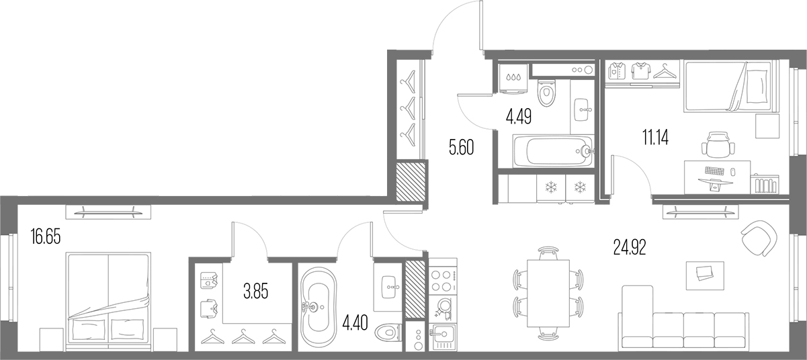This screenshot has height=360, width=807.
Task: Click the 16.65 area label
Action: (x=46, y=236)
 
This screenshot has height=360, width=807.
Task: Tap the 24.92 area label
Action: (x=630, y=247)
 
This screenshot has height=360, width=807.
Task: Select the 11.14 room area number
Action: (x=655, y=137)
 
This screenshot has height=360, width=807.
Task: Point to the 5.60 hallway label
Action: (x=461, y=147)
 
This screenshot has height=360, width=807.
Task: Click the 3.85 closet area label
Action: (x=256, y=291)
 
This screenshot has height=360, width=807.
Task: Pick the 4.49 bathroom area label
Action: (x=519, y=116)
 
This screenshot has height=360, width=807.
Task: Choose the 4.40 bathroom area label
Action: (x=355, y=323)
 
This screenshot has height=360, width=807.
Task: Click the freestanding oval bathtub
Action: (x=318, y=307)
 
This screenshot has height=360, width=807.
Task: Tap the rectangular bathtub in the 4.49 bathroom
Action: (x=553, y=151)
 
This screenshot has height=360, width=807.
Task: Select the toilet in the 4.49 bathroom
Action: (x=546, y=92)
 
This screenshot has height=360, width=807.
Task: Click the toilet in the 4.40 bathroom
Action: (x=388, y=332)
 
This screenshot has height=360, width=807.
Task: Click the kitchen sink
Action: (x=443, y=337)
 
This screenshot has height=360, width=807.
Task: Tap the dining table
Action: (x=548, y=293)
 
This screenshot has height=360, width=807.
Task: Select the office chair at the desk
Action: (x=718, y=144)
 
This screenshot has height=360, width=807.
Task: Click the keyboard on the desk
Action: (x=714, y=171)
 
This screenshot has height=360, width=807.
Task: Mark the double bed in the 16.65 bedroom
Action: (x=108, y=302)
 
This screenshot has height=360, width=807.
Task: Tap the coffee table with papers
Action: (x=705, y=275)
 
